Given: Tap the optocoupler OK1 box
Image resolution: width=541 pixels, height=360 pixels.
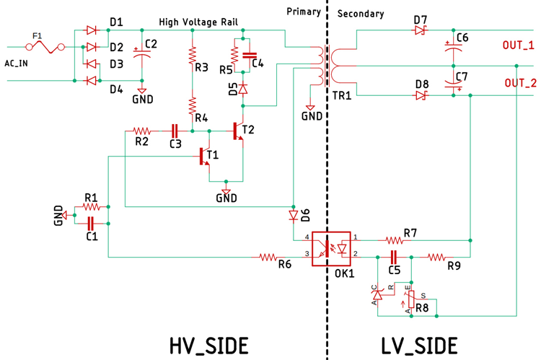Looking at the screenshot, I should click(331, 248).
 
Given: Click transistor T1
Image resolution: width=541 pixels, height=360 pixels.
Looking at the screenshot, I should click(205, 157).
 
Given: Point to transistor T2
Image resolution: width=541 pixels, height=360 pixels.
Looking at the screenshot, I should click(238, 131).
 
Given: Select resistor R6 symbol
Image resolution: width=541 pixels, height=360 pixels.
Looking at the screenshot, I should click(268, 256).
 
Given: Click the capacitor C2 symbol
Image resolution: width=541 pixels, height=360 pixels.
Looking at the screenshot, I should click(141, 53).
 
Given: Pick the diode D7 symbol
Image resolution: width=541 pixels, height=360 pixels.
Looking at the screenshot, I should click(421, 30).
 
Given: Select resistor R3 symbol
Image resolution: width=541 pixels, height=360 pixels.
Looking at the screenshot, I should click(193, 55).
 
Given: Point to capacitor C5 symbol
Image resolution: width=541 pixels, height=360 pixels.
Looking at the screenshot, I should click(394, 256).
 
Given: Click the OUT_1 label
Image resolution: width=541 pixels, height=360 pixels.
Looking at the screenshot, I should click(518, 45).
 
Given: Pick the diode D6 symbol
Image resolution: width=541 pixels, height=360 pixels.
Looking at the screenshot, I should click(293, 216).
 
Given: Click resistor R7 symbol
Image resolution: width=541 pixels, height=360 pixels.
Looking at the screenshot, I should click(393, 240).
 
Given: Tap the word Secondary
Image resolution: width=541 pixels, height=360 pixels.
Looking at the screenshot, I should click(360, 14).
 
